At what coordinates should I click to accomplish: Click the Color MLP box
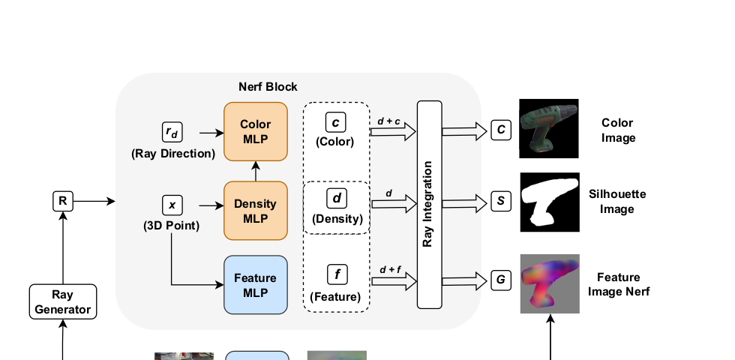pos(256,132)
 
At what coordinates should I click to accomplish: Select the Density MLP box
pos(256,211)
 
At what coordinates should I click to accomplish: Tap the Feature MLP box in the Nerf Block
pos(256,285)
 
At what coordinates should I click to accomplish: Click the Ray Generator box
pos(63,301)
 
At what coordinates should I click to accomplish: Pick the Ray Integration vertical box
pos(429,205)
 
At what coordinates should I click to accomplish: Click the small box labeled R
pos(63,202)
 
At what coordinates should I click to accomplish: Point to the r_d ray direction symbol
pos(172,132)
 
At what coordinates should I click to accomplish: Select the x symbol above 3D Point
pos(172,205)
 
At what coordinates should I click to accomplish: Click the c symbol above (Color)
pos(336,122)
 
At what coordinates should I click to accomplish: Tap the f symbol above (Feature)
pos(337,274)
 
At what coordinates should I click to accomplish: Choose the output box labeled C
pos(501,130)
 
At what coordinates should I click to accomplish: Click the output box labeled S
pos(501,202)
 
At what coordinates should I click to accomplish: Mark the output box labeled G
pos(501,280)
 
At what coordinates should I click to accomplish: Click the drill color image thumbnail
pos(549,128)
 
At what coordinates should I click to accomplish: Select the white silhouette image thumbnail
pos(550,202)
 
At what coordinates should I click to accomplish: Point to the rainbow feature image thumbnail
pos(550,284)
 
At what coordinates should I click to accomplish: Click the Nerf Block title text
pos(268,87)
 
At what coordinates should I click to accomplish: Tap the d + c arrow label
pos(388,121)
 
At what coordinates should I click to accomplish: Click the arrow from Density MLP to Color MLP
pos(256,171)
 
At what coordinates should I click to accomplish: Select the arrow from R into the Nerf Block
pos(94,202)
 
